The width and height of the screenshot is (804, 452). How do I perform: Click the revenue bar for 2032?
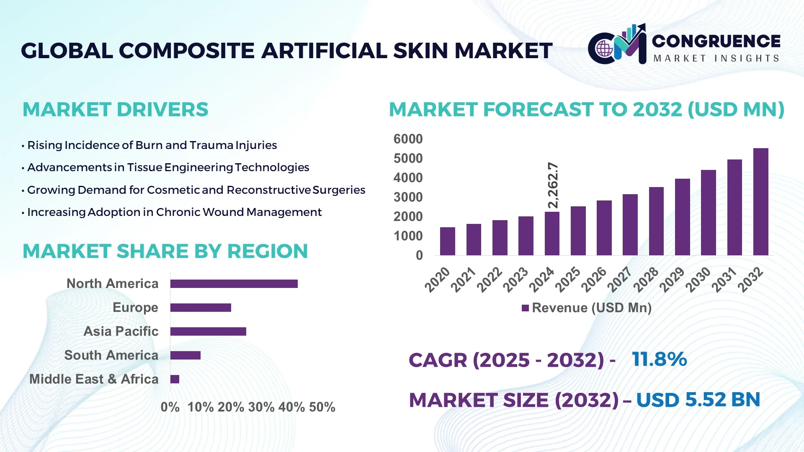(x=760, y=202)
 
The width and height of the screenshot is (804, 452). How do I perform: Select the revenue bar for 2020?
(x=447, y=241)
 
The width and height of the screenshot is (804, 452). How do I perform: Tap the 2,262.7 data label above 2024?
(x=553, y=185)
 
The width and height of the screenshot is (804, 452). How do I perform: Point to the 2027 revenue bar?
(x=630, y=225)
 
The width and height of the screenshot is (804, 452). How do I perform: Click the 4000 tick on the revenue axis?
(x=408, y=178)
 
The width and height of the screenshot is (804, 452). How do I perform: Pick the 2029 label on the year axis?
(x=672, y=280)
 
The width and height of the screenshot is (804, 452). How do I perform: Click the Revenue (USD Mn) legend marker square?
(x=525, y=308)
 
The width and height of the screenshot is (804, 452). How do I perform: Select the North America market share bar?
(x=234, y=284)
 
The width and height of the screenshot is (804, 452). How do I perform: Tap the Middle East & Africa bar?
(x=175, y=379)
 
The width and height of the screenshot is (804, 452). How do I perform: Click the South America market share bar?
(x=185, y=355)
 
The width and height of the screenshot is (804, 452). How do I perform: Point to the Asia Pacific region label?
(x=121, y=331)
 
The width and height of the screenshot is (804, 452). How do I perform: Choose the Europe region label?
(x=135, y=308)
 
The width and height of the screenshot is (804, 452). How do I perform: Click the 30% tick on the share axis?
(x=261, y=407)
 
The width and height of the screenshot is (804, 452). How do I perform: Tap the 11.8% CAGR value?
(x=659, y=359)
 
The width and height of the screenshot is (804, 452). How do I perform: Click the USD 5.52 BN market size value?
(x=698, y=400)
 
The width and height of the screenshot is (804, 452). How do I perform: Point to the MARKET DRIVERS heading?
(x=115, y=110)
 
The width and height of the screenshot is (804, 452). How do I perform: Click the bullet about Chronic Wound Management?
(x=174, y=212)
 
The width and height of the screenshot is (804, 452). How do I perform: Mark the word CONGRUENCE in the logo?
(x=716, y=41)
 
